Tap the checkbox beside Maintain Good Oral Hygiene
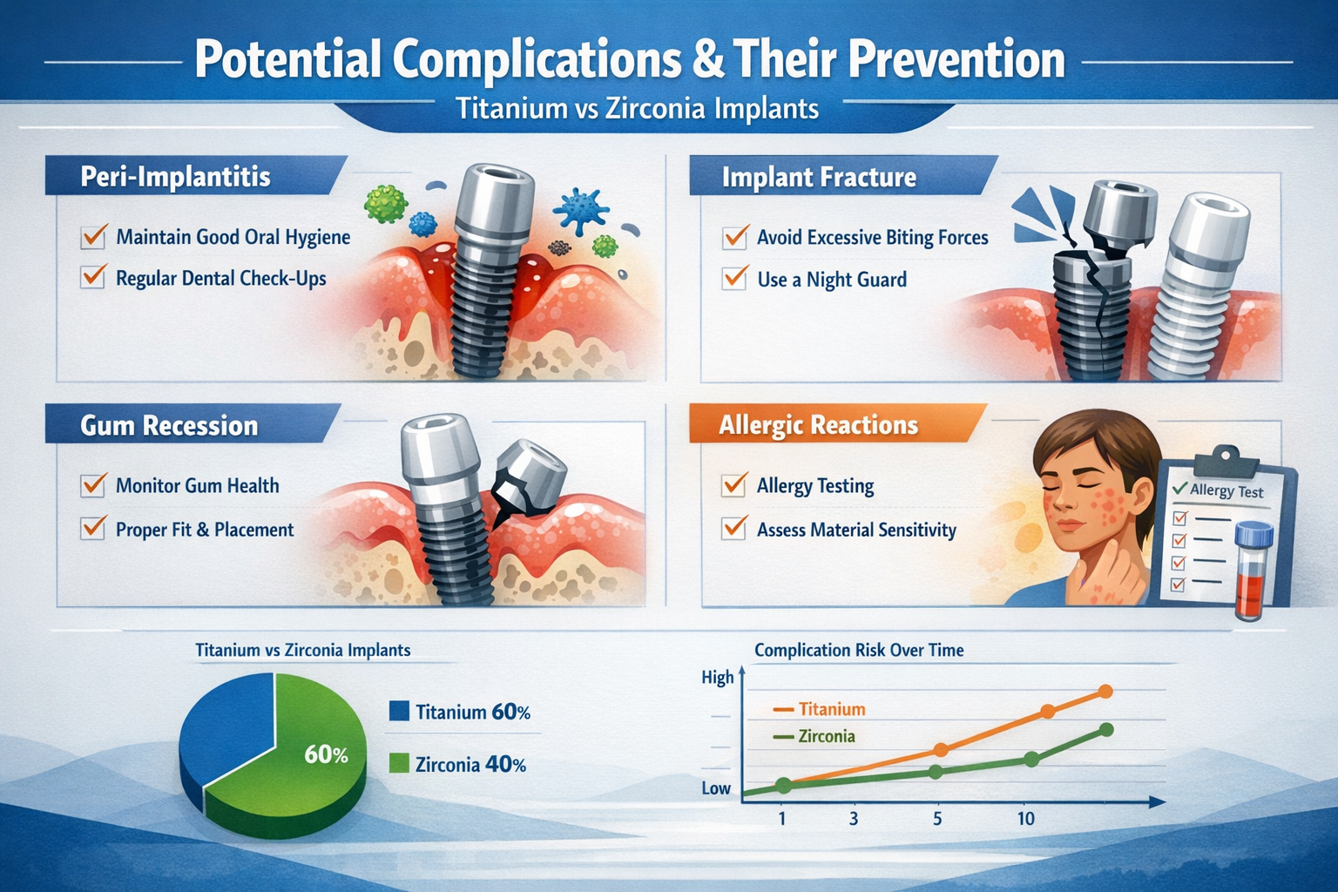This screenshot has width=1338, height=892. pyautogui.click(x=93, y=236)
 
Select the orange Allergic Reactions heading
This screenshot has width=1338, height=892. pyautogui.click(x=818, y=425)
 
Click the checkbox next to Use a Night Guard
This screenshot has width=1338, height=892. pyautogui.click(x=734, y=279)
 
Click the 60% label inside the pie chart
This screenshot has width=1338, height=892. pyautogui.click(x=326, y=754)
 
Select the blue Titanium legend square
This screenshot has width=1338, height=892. pyautogui.click(x=399, y=711)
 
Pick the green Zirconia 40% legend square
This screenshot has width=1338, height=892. pyautogui.click(x=399, y=764)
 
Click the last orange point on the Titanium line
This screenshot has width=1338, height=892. pyautogui.click(x=1106, y=692)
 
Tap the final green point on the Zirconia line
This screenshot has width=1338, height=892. pyautogui.click(x=1106, y=730)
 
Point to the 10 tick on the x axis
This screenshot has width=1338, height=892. pyautogui.click(x=1026, y=818)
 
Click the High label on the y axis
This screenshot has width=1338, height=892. pyautogui.click(x=717, y=678)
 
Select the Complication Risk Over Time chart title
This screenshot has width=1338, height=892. pyautogui.click(x=859, y=650)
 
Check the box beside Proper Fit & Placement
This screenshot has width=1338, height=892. pyautogui.click(x=93, y=529)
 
